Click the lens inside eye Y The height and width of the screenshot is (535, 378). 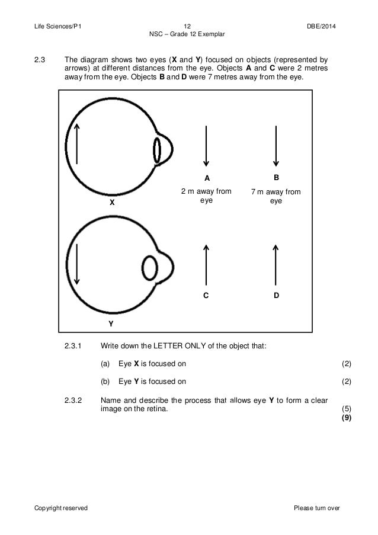149,268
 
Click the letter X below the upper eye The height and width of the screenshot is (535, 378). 110,202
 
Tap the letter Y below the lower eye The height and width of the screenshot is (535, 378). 110,325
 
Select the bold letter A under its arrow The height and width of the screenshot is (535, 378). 207,178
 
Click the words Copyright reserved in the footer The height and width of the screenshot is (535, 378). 63,508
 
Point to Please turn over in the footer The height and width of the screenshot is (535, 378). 318,508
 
